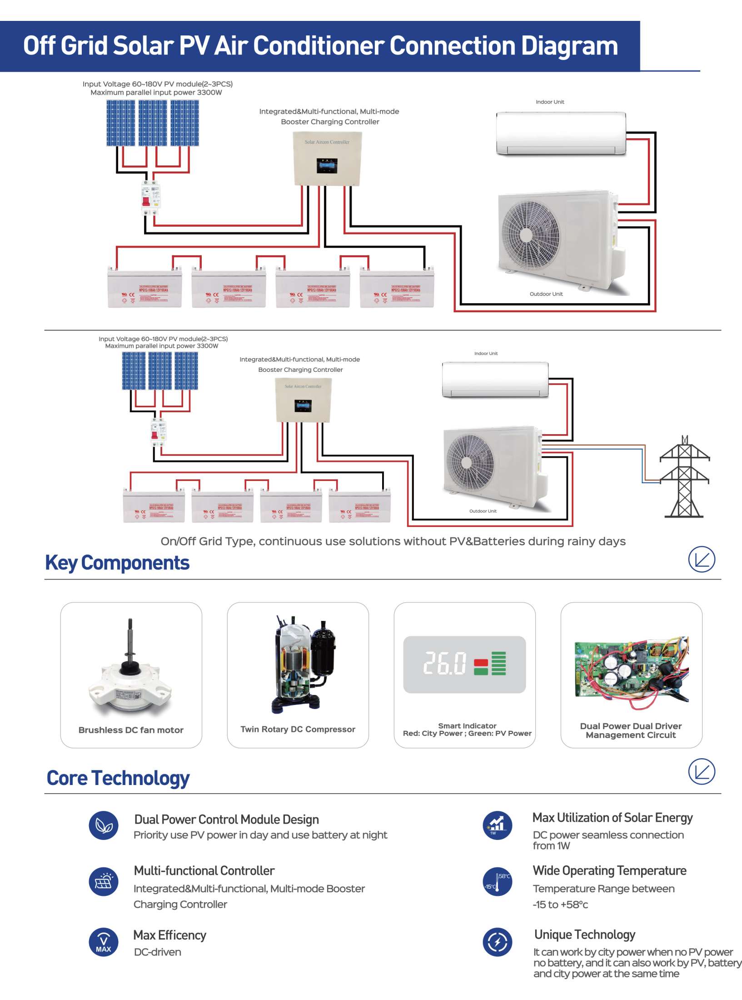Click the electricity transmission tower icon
pos(684,477)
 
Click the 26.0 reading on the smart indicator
pos(445,663)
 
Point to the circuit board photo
pos(632,670)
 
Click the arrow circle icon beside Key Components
pos(701,559)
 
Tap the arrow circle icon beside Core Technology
pos(701,771)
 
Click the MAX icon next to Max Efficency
pos(104,942)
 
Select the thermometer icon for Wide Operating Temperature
pos(497,881)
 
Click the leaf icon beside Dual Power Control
pos(104,825)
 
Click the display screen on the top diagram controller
pos(327,166)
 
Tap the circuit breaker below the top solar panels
pos(150,198)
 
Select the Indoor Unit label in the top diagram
pos(550,102)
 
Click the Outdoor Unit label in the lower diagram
pos(483,511)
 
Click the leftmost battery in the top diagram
pos(144,288)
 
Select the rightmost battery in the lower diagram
pos(359,506)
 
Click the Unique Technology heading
pos(584,935)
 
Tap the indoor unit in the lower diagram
pos(495,380)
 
